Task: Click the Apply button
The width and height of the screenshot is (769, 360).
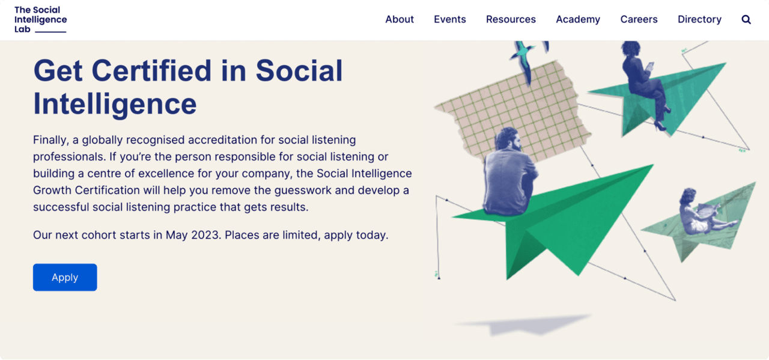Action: pos(65,277)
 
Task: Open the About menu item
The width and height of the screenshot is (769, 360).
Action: pos(400,19)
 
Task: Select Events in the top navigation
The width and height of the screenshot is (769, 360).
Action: pos(450,19)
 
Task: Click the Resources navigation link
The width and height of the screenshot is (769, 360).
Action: pos(511,19)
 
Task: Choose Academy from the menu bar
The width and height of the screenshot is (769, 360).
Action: pos(578,19)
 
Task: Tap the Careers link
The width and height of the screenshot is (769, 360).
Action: pos(639,19)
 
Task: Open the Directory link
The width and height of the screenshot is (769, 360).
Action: pos(699,19)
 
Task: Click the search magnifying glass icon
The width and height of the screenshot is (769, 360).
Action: pos(746,19)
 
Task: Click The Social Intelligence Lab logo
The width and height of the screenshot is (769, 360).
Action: pos(40,19)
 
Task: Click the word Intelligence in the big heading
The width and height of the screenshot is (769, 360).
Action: pos(115,103)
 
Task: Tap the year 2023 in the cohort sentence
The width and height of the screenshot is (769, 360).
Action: pos(205,235)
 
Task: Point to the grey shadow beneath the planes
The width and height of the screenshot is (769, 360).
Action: pos(523,324)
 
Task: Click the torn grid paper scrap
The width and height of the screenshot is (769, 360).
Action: pos(517,108)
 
